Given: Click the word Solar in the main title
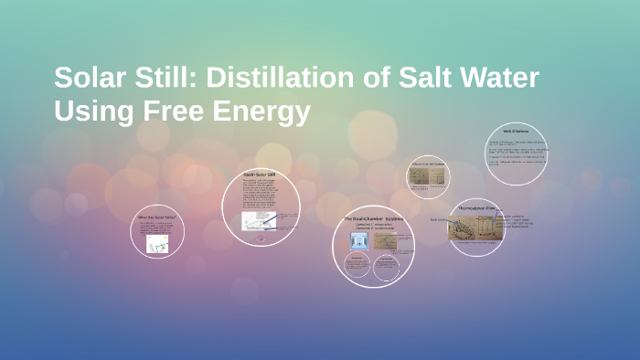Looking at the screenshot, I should point(89,78).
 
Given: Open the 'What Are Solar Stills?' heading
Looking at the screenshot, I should point(156,217).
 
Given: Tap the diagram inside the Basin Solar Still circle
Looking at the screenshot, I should point(256,221).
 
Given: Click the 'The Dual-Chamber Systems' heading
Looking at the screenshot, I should point(374,218).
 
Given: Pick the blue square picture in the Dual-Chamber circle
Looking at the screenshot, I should point(359,241).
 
